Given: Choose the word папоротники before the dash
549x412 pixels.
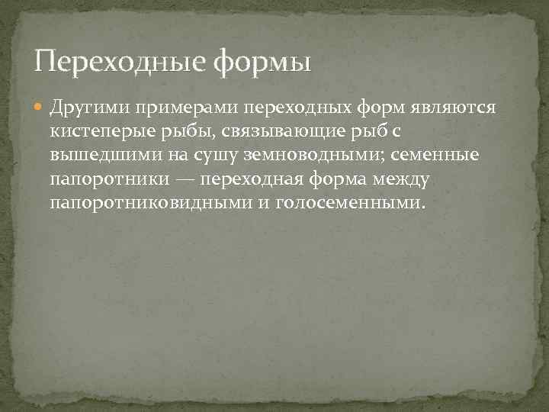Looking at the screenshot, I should [100, 181].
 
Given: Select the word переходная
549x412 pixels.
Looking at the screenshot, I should [242, 181].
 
